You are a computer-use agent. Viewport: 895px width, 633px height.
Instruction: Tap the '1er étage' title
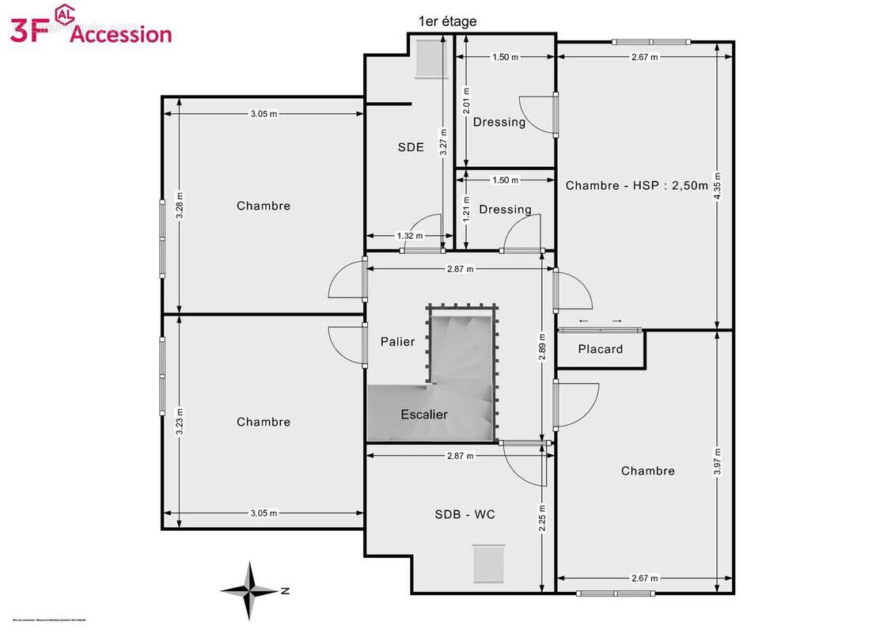tap(447, 21)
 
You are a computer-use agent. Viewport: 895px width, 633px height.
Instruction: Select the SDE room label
tap(411, 146)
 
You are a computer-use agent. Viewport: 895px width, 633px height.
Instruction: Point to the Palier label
tap(397, 342)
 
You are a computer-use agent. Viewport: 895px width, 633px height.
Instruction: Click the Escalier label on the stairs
tap(424, 415)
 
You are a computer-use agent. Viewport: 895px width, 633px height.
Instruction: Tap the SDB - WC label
tap(465, 514)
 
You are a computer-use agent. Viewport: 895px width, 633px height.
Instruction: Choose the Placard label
tap(600, 349)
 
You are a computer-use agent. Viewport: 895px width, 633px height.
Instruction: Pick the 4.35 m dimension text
tap(717, 186)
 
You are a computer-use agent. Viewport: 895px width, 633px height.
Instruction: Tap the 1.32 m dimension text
tap(409, 236)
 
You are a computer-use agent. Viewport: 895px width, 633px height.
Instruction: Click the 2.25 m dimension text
tap(542, 517)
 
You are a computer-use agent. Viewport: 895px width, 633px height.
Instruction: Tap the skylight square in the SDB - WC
tap(488, 563)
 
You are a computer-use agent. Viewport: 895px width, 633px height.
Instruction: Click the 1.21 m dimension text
tap(466, 209)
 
